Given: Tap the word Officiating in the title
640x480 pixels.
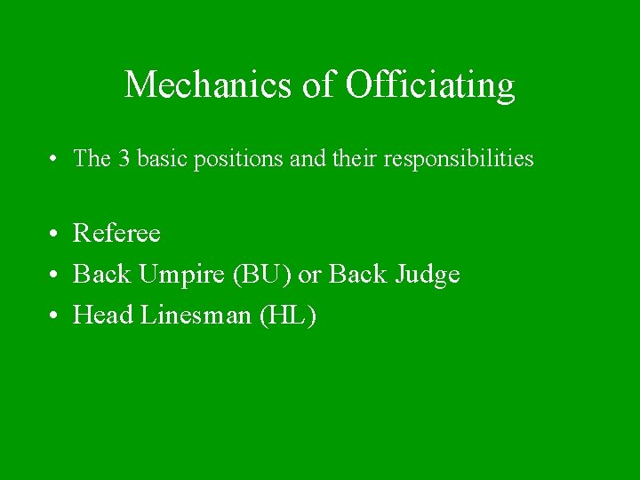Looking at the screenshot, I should click(429, 85).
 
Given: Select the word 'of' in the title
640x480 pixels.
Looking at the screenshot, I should click(317, 85).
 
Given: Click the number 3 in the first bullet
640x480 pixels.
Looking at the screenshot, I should click(123, 159).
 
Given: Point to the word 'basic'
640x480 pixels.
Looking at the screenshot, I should click(159, 159).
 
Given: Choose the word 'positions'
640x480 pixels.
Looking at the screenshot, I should click(232, 159).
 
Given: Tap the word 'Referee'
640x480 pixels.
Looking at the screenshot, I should click(116, 234).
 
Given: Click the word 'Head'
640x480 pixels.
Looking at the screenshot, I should click(102, 316).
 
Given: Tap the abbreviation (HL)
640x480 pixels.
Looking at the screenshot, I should click(286, 316).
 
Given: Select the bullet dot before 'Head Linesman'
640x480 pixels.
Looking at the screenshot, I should click(55, 316).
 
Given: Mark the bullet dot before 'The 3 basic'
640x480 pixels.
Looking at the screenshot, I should click(55, 160).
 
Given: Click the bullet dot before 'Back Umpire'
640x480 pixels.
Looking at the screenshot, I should click(55, 276).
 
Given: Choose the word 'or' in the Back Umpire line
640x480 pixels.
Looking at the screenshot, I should click(308, 276).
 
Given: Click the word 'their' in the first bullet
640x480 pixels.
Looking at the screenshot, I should click(358, 159).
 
